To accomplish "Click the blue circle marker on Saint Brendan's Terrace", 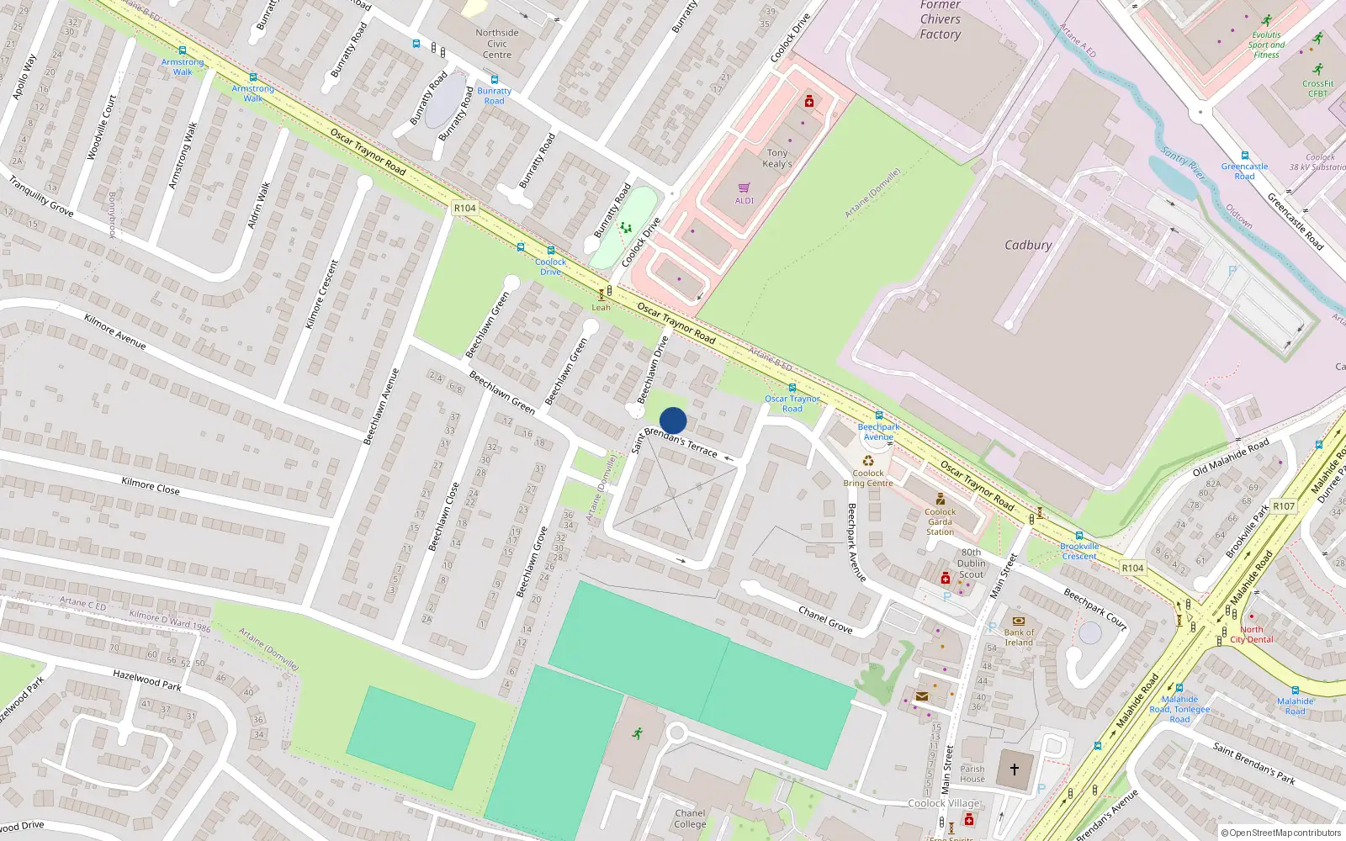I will coord(673,420).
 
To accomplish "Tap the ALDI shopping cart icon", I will coord(744,188).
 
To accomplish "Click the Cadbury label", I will coord(1028,245).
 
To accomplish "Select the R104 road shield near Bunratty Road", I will coord(464,208).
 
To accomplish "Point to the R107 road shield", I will coord(1284,505).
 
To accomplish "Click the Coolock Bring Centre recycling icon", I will coord(868,460).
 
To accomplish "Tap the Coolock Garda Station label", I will coord(940,521).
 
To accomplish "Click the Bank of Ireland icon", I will coord(1019,621).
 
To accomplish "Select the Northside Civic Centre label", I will coord(497,44).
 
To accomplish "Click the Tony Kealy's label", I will coord(777,158).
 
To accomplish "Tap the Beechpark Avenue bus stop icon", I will coord(879,415).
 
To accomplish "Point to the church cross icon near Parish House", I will coord(1015,770).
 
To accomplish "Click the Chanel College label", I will coord(690,818).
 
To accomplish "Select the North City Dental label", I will coord(1252,634).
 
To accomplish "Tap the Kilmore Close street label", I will coord(151,485).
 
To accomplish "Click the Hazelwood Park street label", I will coord(147,680).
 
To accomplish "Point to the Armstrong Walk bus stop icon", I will coord(183,51).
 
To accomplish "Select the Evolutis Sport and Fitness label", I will coord(1266,45).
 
